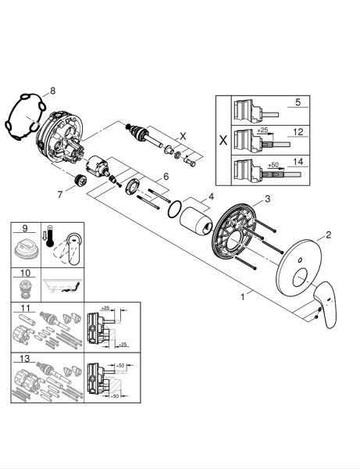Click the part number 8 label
[53, 91]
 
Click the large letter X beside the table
[222, 141]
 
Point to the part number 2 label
[329, 234]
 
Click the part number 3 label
[267, 200]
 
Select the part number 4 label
[210, 197]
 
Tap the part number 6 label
[165, 177]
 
